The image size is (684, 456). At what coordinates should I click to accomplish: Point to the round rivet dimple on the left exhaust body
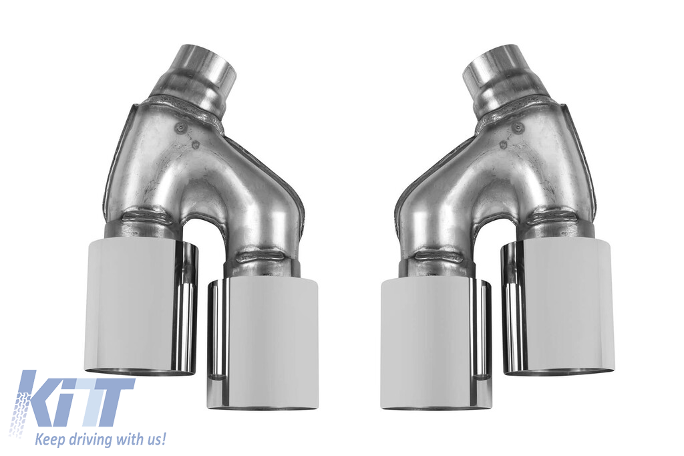(x=179, y=128)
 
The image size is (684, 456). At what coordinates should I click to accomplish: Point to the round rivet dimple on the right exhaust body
(x=518, y=128)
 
